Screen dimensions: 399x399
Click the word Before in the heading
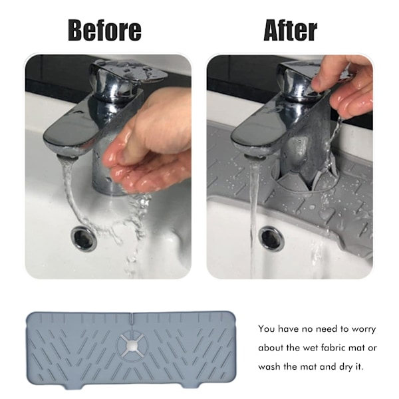pos(104,31)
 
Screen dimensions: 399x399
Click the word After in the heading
pos(291,31)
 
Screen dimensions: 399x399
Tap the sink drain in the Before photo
pos(84,239)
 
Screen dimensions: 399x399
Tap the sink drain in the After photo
pos(271,238)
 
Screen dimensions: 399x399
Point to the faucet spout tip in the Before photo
pos(66,156)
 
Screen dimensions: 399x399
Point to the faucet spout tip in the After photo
pos(255,157)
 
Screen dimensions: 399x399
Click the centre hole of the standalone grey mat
pos(132,345)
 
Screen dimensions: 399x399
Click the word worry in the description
pos(363,329)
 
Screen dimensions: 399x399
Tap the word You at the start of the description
pos(267,329)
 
